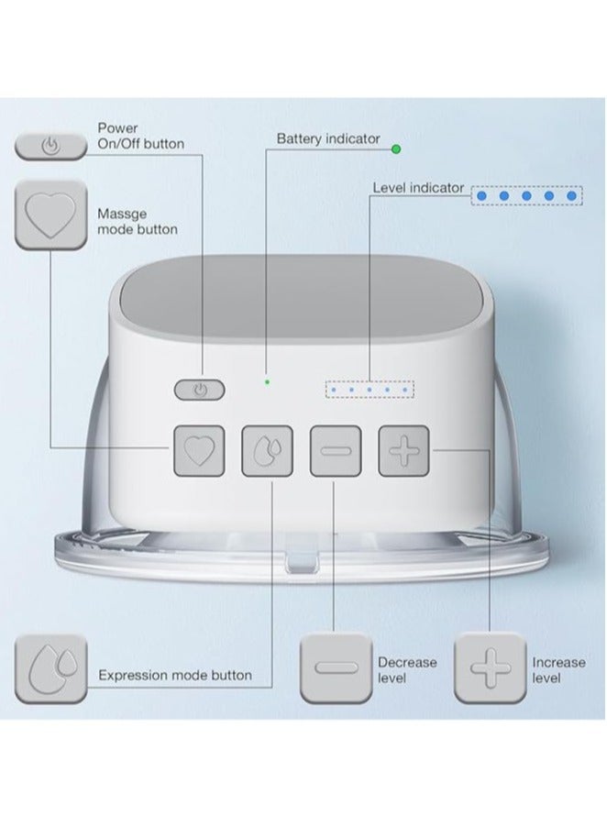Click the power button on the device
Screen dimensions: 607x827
click(199, 390)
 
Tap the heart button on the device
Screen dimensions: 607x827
click(199, 451)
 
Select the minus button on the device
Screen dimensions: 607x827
click(336, 451)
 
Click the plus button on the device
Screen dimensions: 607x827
click(404, 451)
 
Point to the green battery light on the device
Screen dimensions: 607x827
click(268, 381)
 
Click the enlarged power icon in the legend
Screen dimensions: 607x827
click(50, 146)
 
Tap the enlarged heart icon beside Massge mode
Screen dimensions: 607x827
click(50, 215)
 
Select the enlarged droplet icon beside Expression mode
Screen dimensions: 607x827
click(50, 668)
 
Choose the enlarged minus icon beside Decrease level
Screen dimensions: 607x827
click(337, 668)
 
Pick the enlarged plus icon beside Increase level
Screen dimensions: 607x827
click(491, 668)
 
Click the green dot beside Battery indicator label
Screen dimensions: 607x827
click(396, 149)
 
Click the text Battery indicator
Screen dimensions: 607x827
click(328, 139)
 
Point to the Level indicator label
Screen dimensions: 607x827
click(418, 188)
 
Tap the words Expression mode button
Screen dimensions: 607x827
click(175, 675)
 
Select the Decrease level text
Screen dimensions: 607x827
click(407, 670)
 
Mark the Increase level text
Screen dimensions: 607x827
click(559, 670)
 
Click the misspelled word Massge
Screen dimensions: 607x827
click(122, 215)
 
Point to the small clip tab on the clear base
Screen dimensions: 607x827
click(303, 560)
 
